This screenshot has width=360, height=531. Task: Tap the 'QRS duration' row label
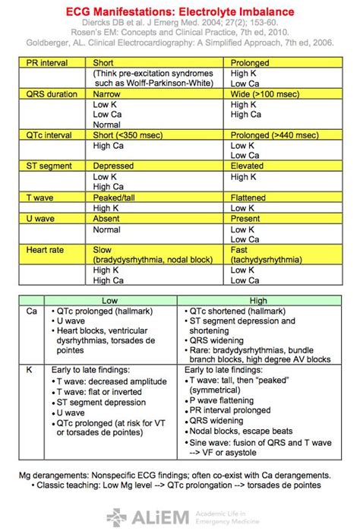(49, 93)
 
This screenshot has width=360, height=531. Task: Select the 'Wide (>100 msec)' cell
(264, 93)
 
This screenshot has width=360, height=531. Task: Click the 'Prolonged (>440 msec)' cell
(274, 134)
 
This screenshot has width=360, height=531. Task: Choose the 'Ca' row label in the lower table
(31, 311)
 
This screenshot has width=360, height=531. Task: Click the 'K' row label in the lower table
(29, 370)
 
